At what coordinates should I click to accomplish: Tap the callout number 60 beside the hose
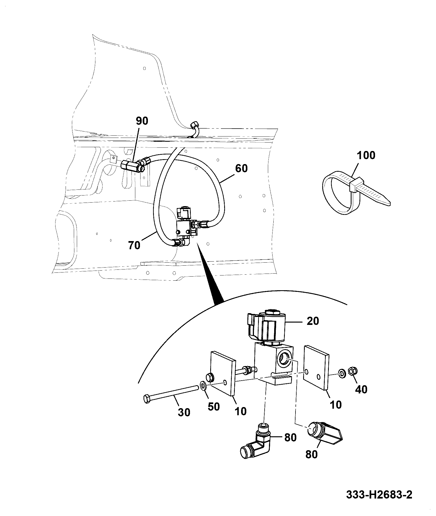point(241,168)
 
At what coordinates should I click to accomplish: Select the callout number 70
point(134,245)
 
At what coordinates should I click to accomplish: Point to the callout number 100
point(366,156)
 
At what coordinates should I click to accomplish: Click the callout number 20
point(313,321)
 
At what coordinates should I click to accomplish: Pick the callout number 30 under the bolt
point(184,412)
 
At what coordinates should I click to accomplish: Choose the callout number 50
point(213,407)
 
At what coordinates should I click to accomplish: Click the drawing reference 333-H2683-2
point(379,495)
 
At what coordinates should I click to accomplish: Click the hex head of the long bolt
point(147,399)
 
